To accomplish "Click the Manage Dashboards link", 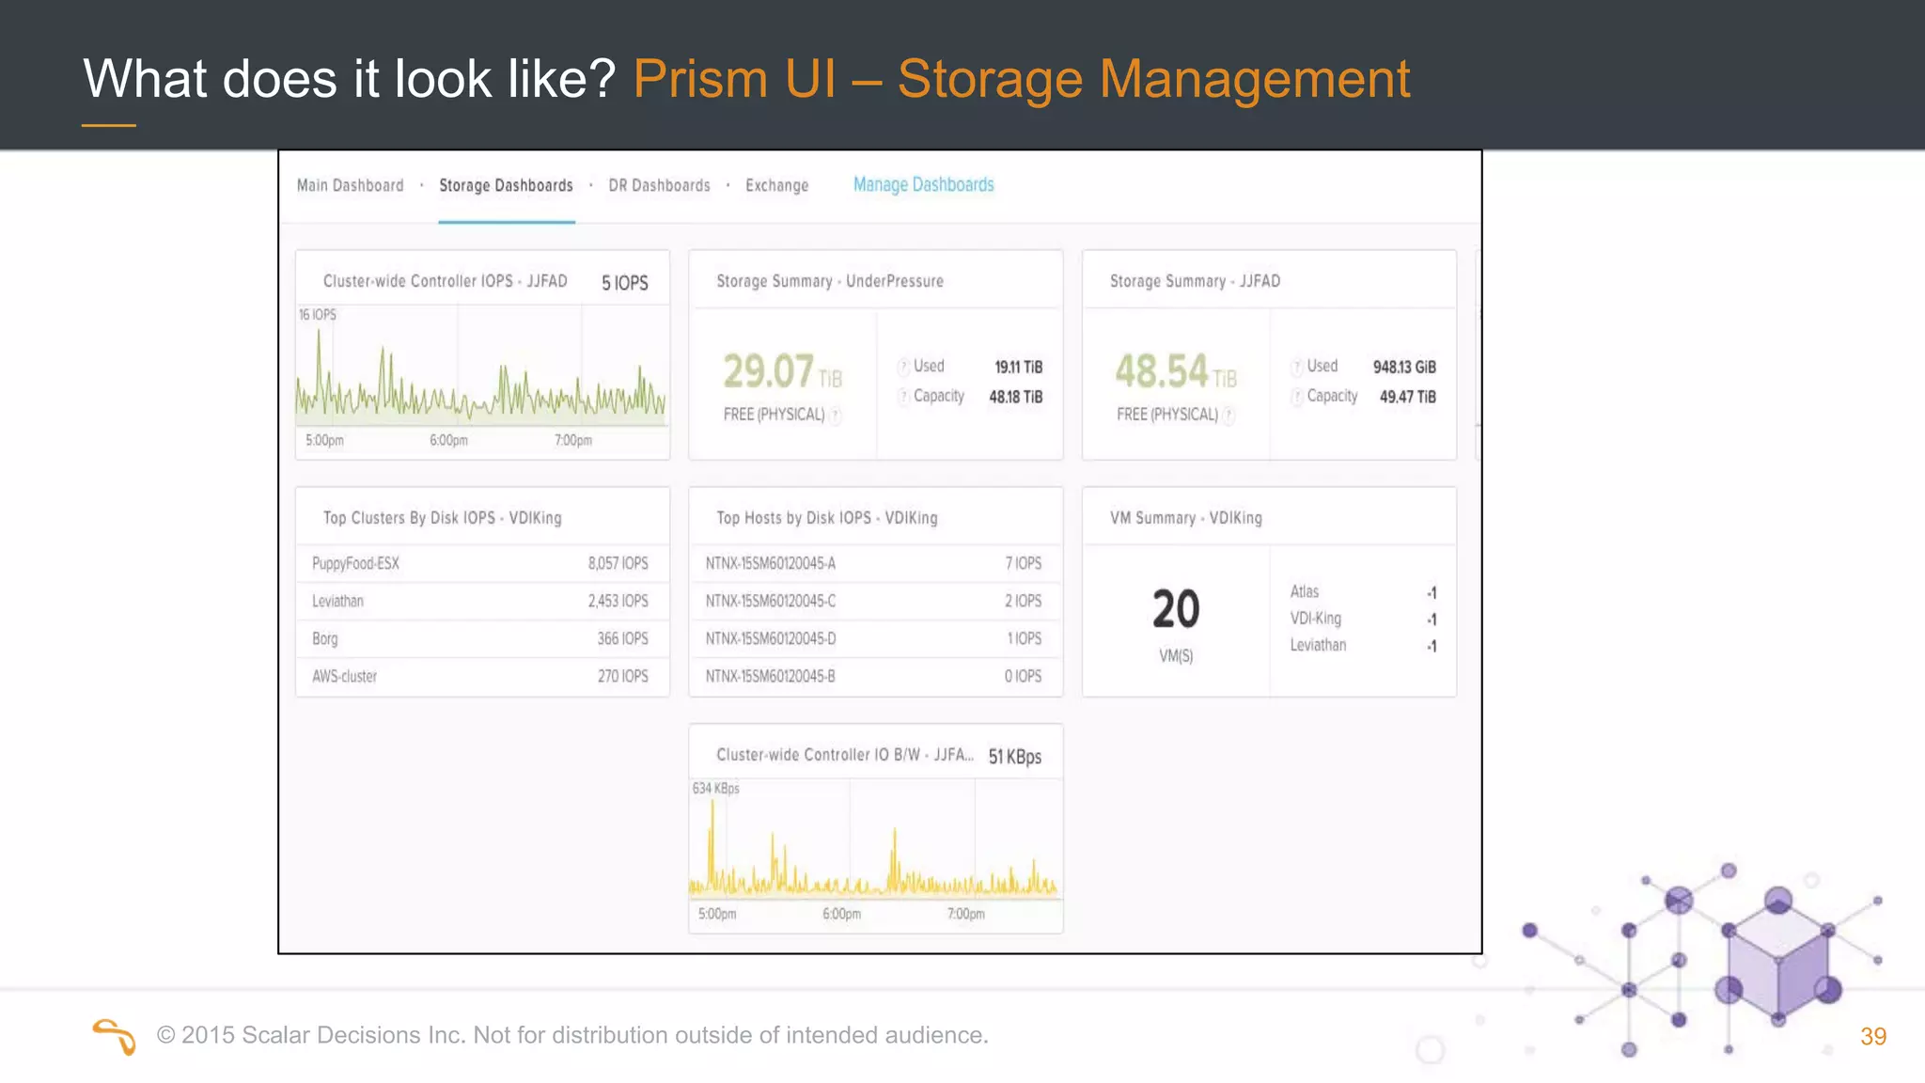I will click(x=923, y=185).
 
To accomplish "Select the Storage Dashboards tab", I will click(x=506, y=186).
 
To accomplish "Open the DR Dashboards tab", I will click(x=659, y=186).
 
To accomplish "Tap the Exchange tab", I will click(x=776, y=186).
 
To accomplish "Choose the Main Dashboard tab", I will click(x=350, y=186).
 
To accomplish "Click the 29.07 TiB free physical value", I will click(x=781, y=371).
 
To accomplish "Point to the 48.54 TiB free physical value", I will click(x=1175, y=371).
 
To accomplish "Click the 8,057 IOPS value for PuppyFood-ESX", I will click(x=618, y=563).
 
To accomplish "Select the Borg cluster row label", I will click(x=325, y=638).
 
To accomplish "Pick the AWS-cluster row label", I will click(x=344, y=676).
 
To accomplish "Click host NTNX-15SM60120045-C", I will click(x=770, y=601).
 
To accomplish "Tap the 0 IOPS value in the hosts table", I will click(x=1023, y=676).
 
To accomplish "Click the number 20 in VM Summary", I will click(x=1176, y=609).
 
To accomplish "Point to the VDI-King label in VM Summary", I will click(x=1315, y=619).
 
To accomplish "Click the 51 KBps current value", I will click(x=1014, y=757).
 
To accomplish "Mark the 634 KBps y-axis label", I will click(x=715, y=789).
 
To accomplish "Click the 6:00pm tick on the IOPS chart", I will click(x=448, y=440).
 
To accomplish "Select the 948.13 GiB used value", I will click(x=1403, y=367).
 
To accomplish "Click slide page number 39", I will click(x=1872, y=1036).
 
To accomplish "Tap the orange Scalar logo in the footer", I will click(x=115, y=1036).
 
